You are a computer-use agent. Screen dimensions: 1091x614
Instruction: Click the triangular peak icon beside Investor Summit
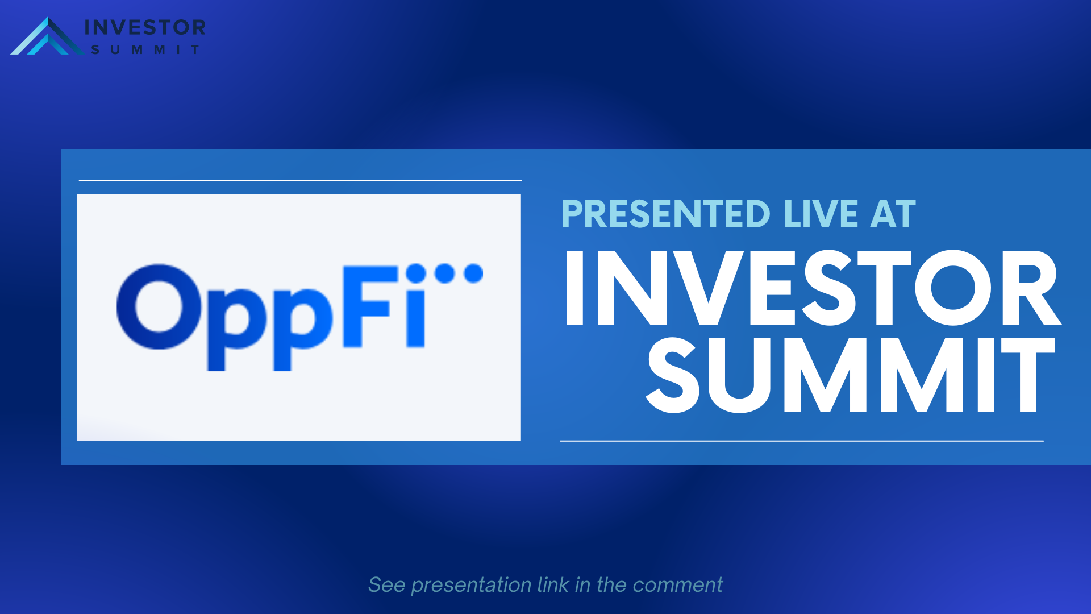click(48, 36)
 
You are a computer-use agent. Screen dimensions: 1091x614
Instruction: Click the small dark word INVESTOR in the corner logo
click(145, 27)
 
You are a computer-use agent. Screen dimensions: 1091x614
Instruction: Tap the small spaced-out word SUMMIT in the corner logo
click(145, 50)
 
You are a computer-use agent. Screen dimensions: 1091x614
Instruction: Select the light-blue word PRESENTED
click(665, 214)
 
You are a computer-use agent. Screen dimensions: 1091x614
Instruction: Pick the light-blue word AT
click(893, 214)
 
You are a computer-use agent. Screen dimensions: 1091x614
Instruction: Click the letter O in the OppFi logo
click(160, 306)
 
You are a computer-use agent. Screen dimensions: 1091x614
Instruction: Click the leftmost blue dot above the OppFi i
click(416, 273)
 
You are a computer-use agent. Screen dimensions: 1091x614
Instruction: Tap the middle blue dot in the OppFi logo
click(445, 273)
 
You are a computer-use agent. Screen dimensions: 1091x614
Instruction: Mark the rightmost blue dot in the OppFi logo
click(473, 273)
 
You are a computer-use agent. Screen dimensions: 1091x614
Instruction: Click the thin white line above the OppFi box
click(300, 180)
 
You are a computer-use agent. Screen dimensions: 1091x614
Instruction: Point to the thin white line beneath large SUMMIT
click(802, 441)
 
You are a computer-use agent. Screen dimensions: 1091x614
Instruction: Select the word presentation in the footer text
click(471, 586)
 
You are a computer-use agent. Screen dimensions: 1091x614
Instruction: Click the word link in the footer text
click(553, 584)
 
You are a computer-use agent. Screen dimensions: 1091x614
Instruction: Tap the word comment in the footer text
click(677, 586)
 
